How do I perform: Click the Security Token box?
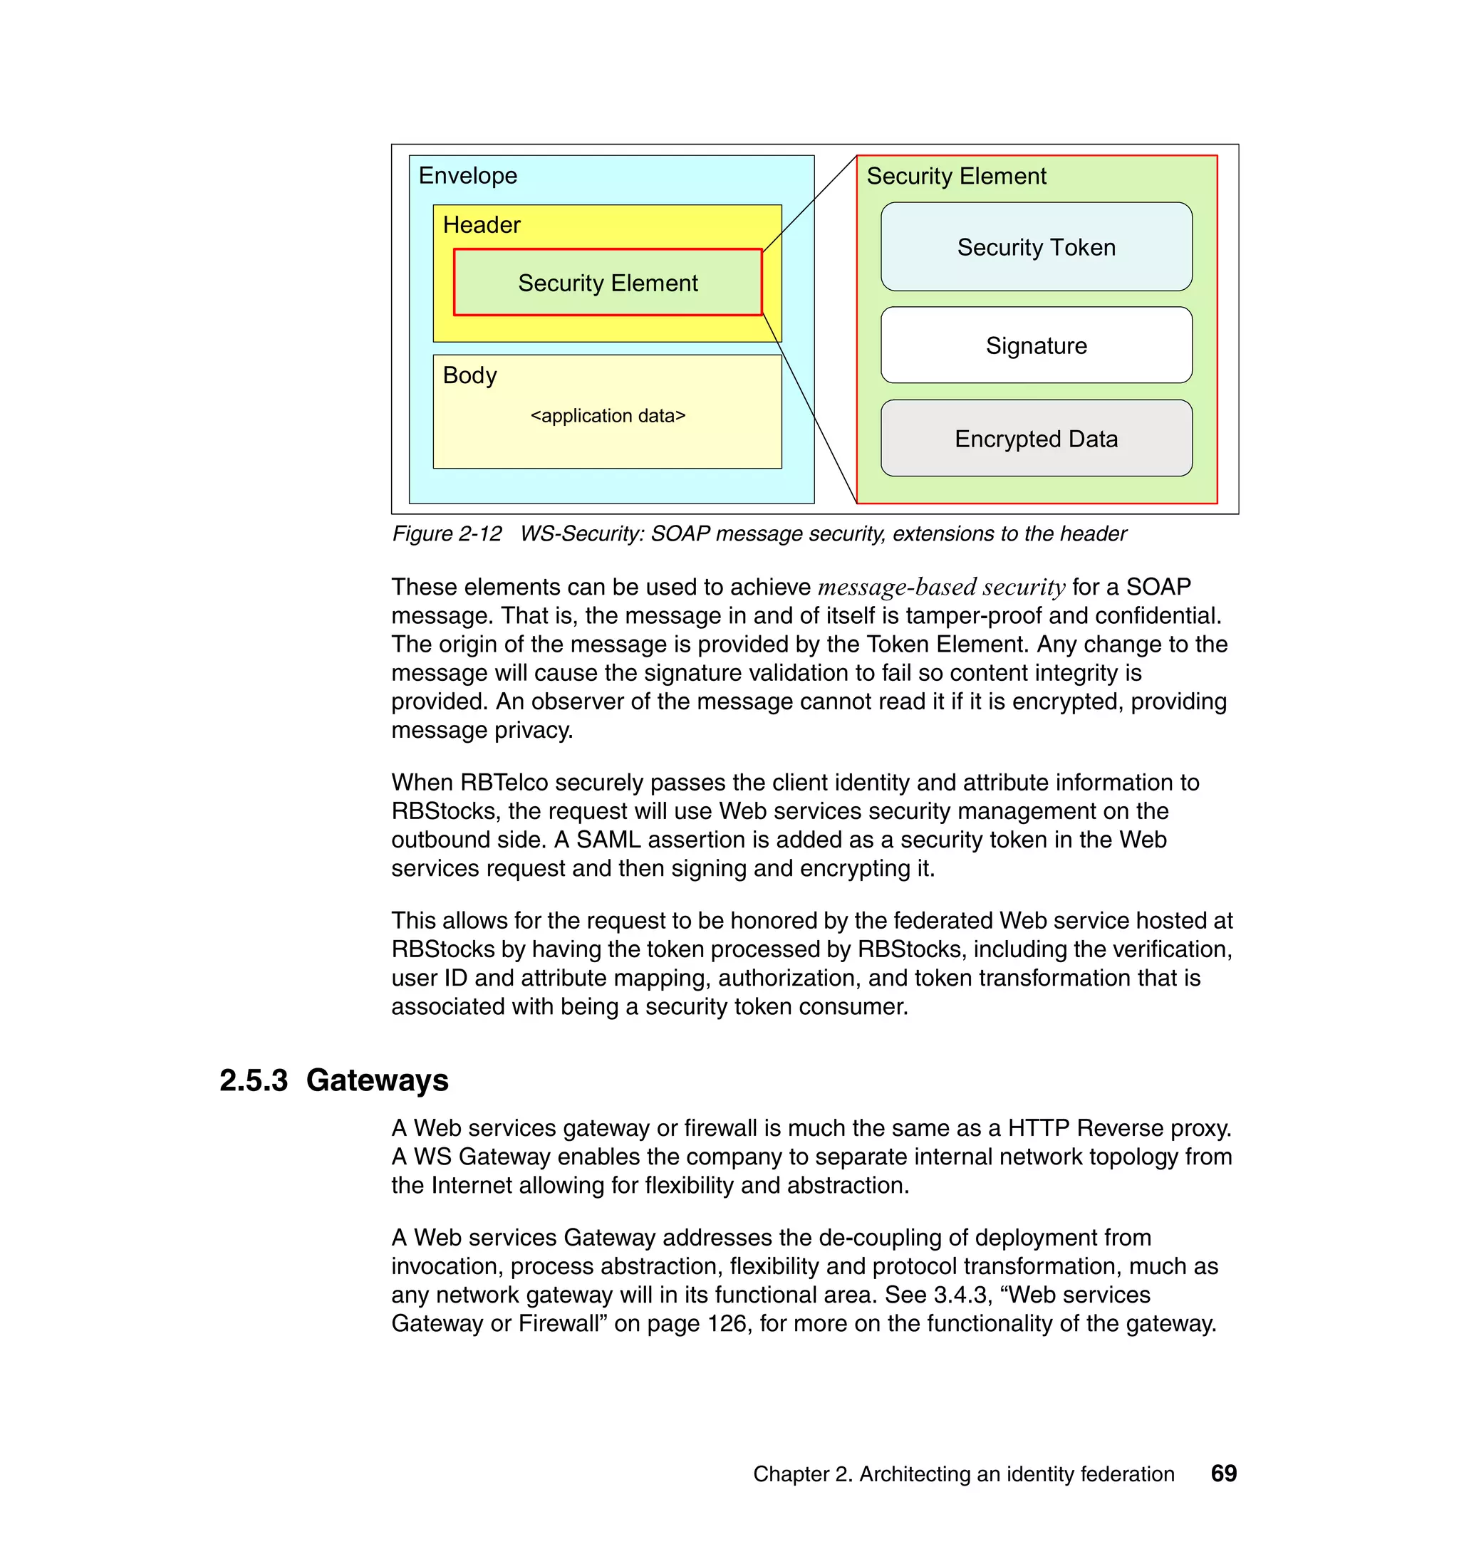click(1036, 247)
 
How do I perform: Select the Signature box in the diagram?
click(1036, 345)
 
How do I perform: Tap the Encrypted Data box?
click(1036, 439)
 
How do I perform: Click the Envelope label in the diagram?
click(467, 176)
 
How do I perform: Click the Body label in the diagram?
click(469, 375)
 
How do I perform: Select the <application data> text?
click(608, 416)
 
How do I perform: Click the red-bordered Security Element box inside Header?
click(608, 283)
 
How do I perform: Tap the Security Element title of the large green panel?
click(956, 177)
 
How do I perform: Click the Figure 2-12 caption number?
click(447, 534)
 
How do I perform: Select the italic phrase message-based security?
click(941, 587)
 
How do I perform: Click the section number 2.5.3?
click(254, 1080)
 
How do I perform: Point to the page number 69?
click(1223, 1473)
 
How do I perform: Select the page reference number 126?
click(727, 1323)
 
